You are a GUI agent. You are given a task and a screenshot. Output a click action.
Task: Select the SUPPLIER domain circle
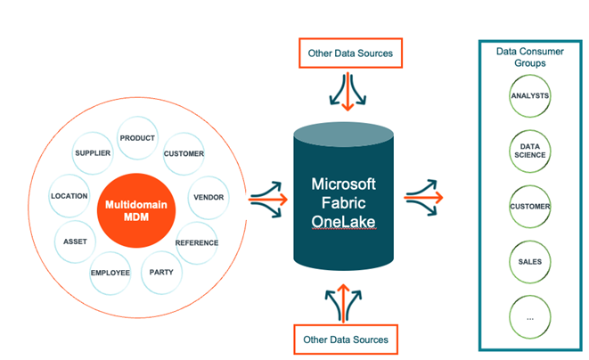[93, 152]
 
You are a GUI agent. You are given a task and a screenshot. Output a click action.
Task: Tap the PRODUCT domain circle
[137, 138]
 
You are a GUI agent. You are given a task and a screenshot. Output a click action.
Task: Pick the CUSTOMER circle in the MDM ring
[184, 153]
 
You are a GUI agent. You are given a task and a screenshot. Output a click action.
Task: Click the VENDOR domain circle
[208, 197]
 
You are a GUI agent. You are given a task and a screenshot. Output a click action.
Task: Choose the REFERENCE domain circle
[197, 242]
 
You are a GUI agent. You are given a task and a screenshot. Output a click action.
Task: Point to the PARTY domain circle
[161, 272]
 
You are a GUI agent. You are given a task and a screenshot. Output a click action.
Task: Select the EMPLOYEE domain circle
[110, 273]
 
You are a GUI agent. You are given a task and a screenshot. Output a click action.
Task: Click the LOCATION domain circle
[70, 195]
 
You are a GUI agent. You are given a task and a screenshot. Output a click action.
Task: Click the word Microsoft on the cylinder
[343, 184]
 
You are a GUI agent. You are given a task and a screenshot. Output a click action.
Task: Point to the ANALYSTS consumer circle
[530, 95]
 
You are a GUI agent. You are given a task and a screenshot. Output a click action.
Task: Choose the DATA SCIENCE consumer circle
[530, 150]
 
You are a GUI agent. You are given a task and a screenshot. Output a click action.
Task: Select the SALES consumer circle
[530, 261]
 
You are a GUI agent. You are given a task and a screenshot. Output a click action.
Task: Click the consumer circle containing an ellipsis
[530, 316]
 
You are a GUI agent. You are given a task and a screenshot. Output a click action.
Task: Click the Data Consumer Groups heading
[530, 57]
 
